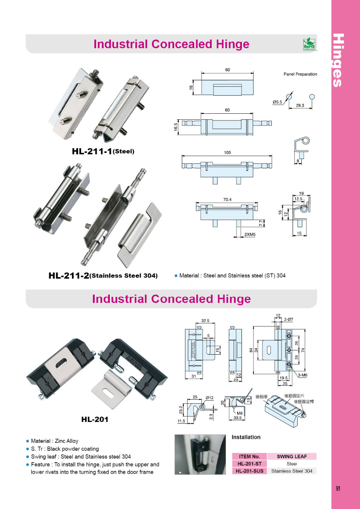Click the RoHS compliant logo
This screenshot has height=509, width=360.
click(x=309, y=44)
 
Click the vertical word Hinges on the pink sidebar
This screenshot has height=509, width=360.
click(x=338, y=60)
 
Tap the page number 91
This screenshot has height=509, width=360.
click(x=338, y=488)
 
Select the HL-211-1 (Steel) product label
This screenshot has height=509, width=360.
click(x=103, y=151)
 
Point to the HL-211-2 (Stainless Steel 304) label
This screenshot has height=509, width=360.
click(x=103, y=276)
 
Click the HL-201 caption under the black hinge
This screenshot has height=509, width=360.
click(x=95, y=419)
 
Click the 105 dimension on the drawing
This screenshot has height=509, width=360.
click(x=228, y=153)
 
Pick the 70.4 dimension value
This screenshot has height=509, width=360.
click(x=227, y=199)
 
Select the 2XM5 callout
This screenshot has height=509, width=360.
click(x=250, y=235)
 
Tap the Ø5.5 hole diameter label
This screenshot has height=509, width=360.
click(x=277, y=102)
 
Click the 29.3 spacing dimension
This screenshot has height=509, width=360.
click(x=300, y=105)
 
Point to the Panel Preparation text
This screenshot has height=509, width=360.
click(x=300, y=74)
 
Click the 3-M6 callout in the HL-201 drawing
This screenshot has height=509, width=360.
click(x=302, y=375)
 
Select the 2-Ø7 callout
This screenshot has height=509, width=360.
click(x=288, y=319)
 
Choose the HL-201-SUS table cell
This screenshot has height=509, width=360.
click(x=249, y=471)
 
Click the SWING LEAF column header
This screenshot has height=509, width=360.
click(x=292, y=456)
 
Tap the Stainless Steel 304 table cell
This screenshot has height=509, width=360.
click(x=292, y=471)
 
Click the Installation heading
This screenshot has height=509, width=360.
click(x=246, y=437)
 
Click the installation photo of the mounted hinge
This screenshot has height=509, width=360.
click(x=200, y=454)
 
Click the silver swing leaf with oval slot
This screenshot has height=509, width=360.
click(x=110, y=390)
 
